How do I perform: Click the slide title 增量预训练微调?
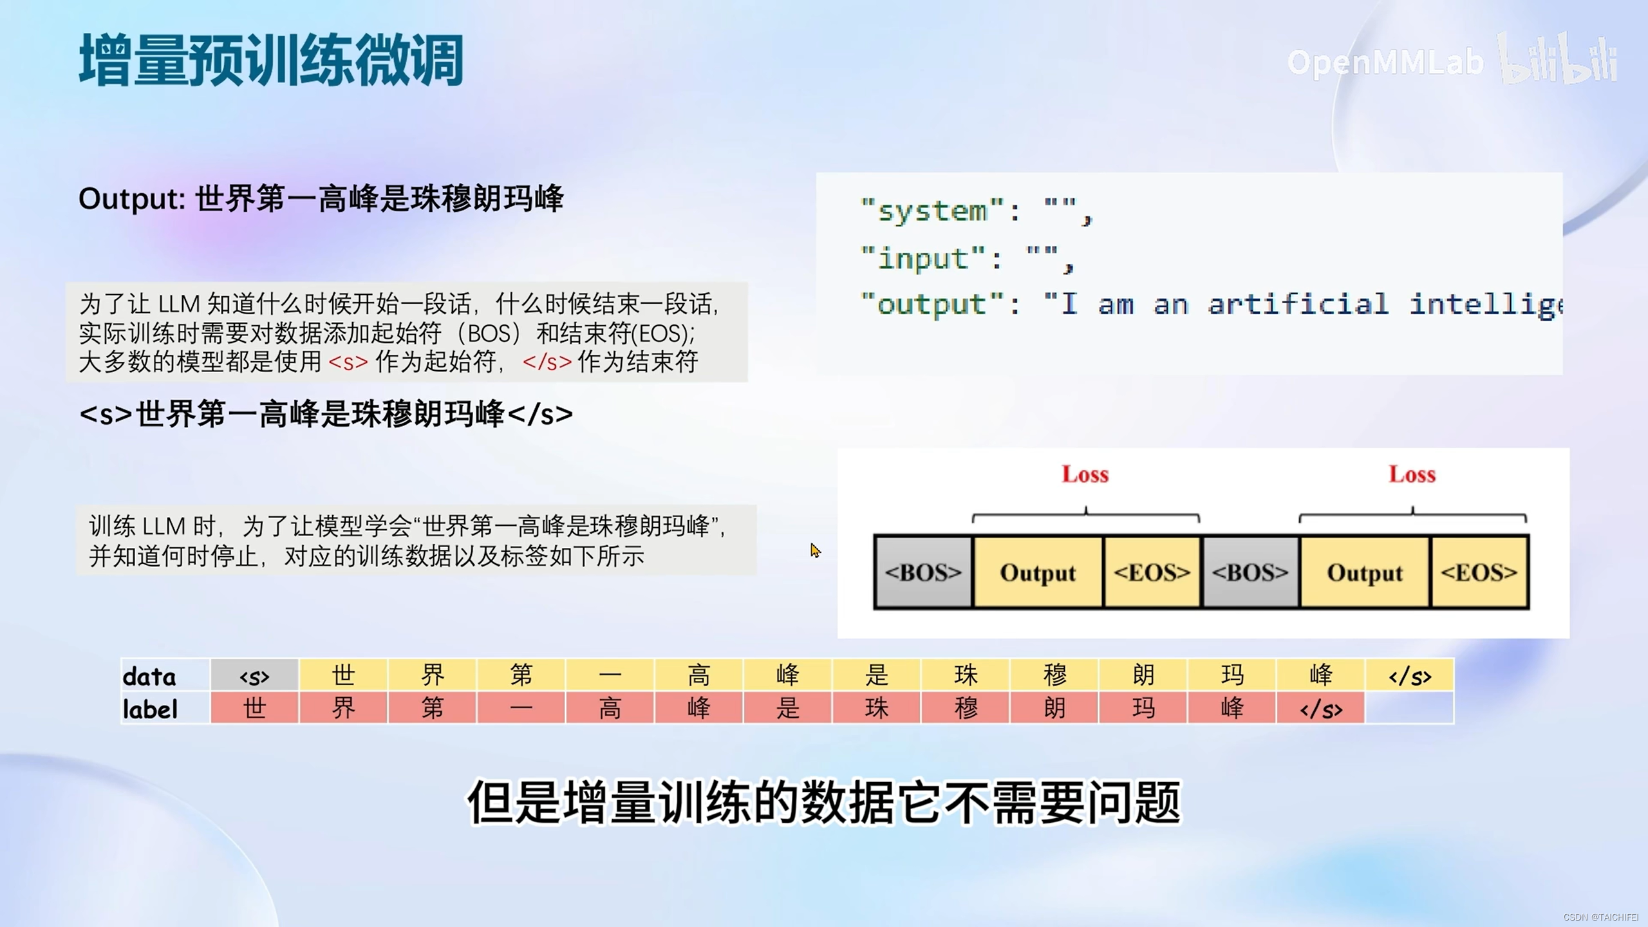point(271,61)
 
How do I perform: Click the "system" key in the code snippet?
point(932,211)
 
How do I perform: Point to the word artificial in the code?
point(1298,304)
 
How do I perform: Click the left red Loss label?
point(1085,474)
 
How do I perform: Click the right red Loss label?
point(1412,474)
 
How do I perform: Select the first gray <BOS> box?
point(923,572)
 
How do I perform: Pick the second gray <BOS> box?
point(1250,572)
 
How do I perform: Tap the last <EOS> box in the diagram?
point(1479,572)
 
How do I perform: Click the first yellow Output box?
point(1038,572)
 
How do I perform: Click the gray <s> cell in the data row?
point(254,675)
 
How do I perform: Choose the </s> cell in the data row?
point(1410,675)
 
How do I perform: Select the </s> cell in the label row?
point(1321,709)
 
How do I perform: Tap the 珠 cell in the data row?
point(966,675)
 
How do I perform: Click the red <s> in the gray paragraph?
point(348,362)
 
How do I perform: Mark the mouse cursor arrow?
point(815,550)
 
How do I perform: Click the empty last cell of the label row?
point(1410,709)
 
